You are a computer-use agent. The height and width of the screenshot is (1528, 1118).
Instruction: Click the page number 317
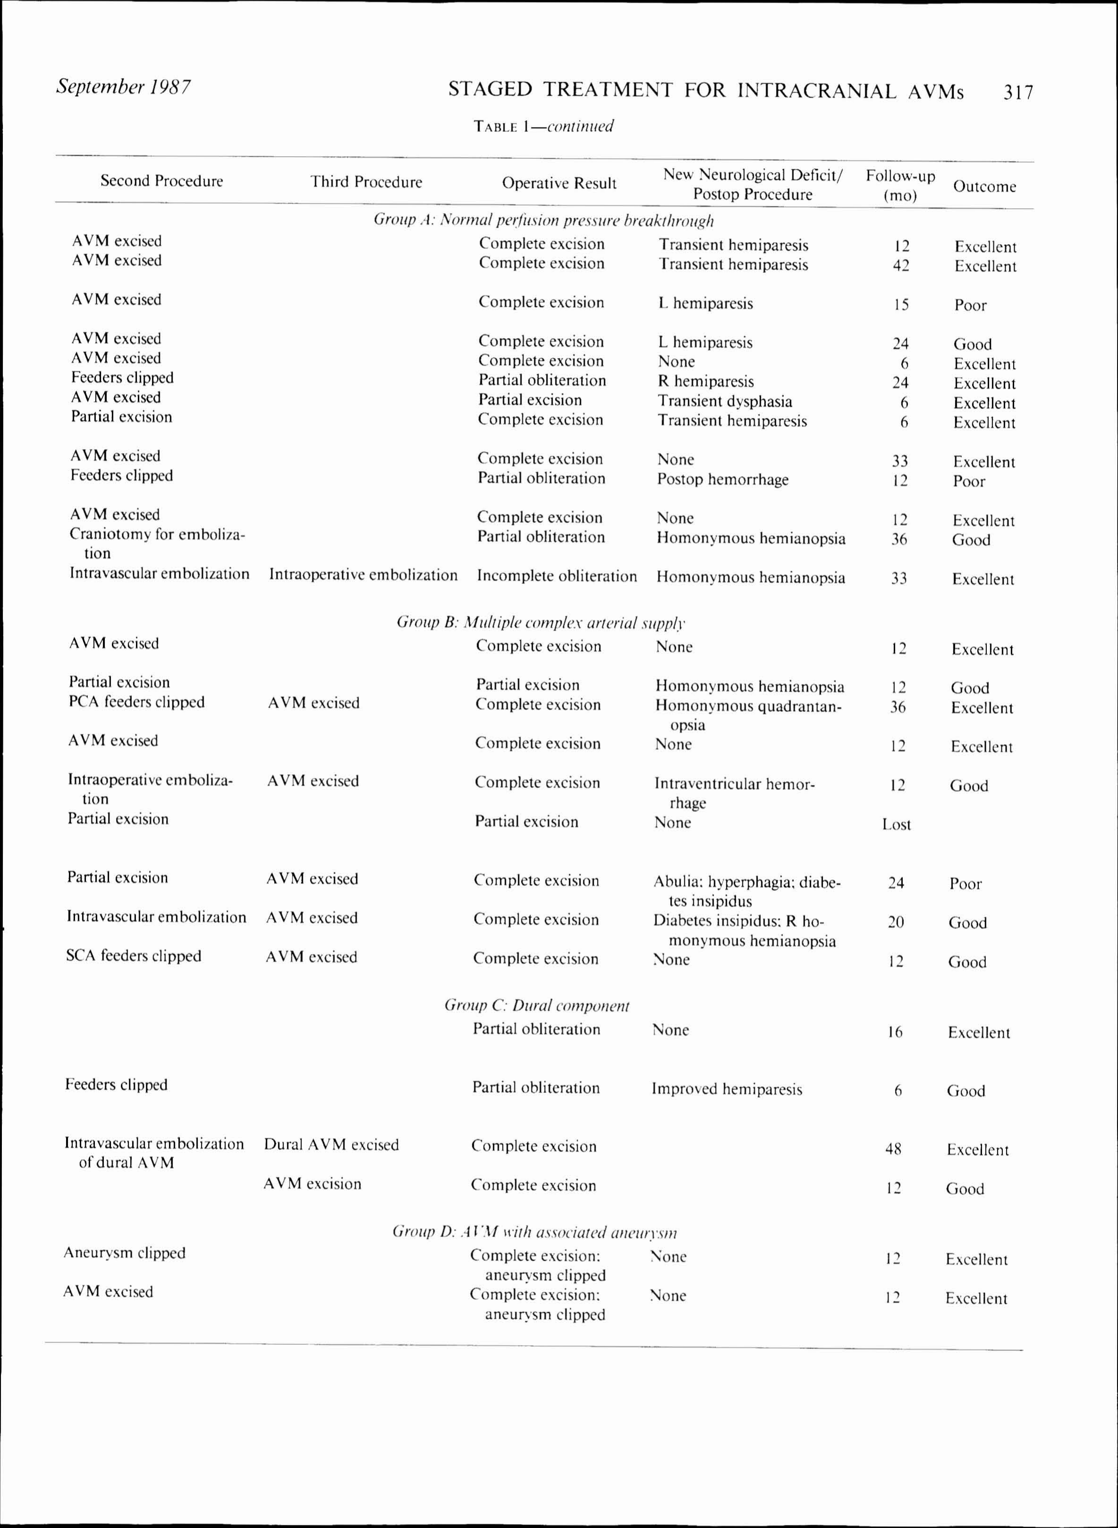pos(1018,92)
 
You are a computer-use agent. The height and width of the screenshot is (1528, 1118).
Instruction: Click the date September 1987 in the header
pos(123,87)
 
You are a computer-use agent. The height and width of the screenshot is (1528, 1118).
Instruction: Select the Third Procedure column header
pos(366,181)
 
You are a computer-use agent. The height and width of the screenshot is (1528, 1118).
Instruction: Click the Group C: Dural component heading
pos(537,1005)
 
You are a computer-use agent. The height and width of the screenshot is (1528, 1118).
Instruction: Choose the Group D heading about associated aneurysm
pos(535,1232)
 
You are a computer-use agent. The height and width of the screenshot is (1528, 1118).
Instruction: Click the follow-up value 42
pos(901,265)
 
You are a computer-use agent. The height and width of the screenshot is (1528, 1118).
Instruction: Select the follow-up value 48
pos(893,1149)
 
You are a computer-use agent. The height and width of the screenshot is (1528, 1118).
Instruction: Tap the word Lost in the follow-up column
pos(896,824)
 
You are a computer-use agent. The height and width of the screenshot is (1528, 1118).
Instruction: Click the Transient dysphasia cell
pos(725,401)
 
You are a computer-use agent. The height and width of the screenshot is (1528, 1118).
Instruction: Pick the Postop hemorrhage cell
pos(723,479)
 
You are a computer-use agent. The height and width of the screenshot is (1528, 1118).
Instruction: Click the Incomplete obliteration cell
pos(557,576)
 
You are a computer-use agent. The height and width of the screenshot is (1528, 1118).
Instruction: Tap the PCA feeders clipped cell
pos(137,702)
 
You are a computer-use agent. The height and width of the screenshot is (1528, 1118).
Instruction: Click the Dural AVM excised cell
pos(332,1145)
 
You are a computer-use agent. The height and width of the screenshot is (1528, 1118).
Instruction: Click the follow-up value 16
pos(895,1032)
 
